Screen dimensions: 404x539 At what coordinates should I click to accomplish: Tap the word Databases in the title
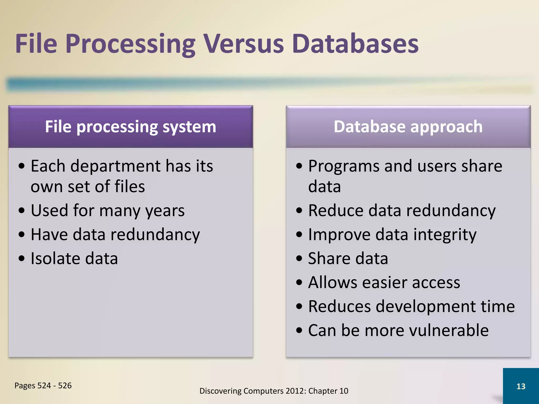point(355,44)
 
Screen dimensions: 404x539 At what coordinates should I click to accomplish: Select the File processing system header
point(131,127)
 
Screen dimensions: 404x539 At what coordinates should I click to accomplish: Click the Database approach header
point(408,127)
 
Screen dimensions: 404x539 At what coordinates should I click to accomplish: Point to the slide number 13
point(521,386)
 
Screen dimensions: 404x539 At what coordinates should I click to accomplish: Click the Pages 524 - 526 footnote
point(43,386)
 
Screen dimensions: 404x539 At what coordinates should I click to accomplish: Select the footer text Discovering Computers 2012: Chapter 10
point(274,391)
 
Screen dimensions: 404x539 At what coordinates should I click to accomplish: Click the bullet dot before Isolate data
point(22,259)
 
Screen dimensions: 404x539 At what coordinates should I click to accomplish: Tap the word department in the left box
point(116,166)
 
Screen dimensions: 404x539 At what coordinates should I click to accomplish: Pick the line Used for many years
point(108,211)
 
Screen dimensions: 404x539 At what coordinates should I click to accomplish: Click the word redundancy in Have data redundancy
point(155,235)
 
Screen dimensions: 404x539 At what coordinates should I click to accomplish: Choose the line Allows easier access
point(384,282)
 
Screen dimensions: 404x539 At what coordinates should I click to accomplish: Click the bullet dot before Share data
point(299,259)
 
